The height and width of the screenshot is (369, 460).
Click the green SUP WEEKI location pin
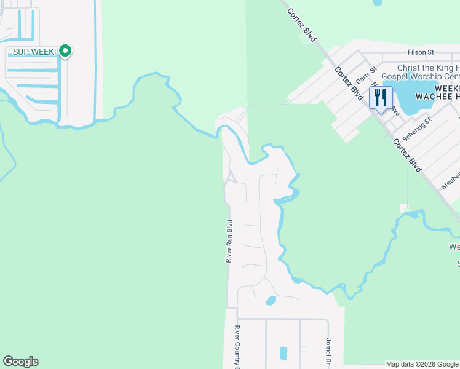click(65, 51)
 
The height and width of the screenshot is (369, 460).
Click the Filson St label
click(421, 52)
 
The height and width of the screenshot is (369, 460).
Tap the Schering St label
click(418, 130)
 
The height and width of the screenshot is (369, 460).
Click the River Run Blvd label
click(229, 242)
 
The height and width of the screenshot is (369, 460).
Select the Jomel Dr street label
click(328, 350)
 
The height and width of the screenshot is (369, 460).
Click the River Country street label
click(236, 347)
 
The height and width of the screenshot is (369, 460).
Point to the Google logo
click(20, 362)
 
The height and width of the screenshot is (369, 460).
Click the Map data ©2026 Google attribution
click(422, 364)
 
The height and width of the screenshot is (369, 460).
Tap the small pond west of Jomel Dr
click(284, 353)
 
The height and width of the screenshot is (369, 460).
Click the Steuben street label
click(450, 180)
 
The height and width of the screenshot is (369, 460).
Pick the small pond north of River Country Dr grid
click(270, 301)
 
